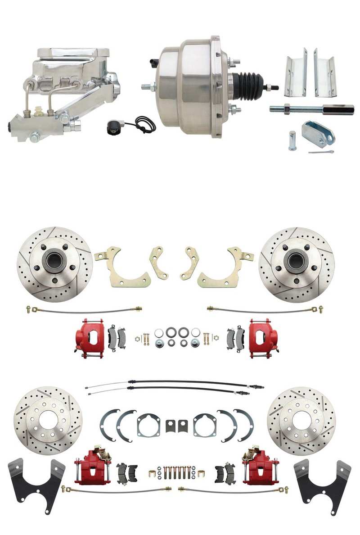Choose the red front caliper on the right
pyautogui.click(x=263, y=338)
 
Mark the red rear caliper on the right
pyautogui.click(x=257, y=468)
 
